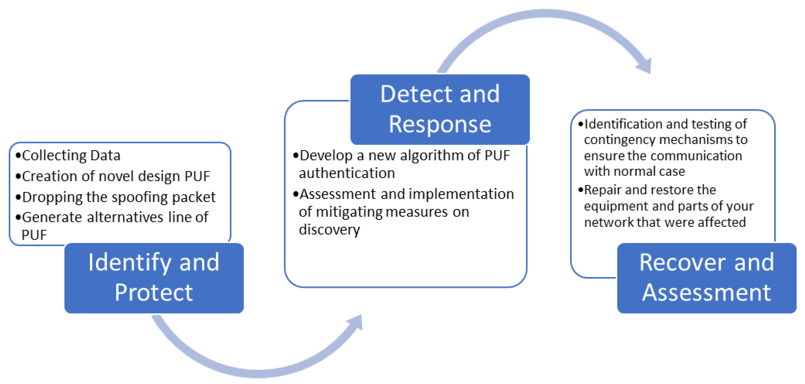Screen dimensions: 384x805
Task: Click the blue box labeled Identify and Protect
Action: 154,278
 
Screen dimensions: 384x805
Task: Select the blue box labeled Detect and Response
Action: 440,109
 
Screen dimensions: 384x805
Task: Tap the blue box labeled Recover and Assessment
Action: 707,278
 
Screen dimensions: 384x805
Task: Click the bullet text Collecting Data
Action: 71,156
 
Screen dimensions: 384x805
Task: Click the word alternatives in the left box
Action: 125,217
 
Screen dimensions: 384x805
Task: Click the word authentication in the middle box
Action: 347,173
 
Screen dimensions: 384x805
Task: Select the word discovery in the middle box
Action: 329,230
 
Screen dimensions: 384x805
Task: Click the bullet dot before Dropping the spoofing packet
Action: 18,197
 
